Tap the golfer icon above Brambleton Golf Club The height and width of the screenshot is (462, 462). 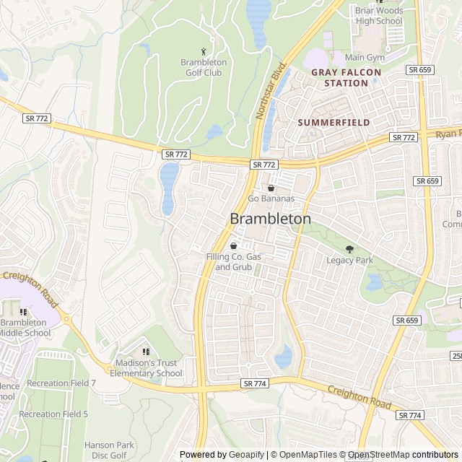click(203, 51)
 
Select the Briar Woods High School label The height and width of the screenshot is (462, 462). click(378, 15)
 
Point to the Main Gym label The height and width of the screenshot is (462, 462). click(365, 57)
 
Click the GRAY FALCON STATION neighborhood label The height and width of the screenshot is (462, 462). click(339, 78)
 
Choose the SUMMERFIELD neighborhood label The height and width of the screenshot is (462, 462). click(334, 123)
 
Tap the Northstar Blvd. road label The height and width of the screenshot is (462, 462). click(271, 90)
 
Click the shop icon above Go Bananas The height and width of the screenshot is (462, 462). click(271, 188)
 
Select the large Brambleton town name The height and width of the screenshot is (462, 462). click(271, 218)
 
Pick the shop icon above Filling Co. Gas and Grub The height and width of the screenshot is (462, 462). click(233, 246)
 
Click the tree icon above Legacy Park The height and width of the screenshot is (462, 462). click(350, 249)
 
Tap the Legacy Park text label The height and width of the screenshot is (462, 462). click(349, 261)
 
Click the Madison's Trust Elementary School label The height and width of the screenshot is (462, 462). click(146, 368)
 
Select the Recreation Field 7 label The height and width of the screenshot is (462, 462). click(61, 383)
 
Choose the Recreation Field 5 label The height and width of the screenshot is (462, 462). click(53, 414)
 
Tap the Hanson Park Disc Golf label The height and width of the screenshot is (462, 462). click(110, 450)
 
